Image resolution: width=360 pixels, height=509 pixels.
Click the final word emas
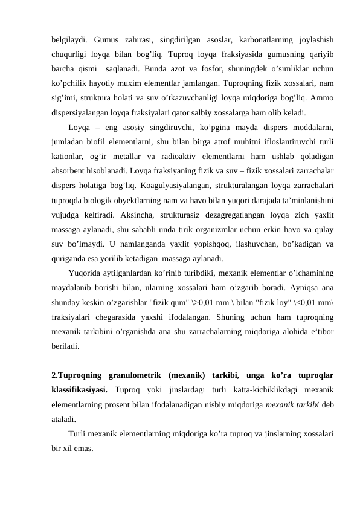pyautogui.click(x=82, y=449)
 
